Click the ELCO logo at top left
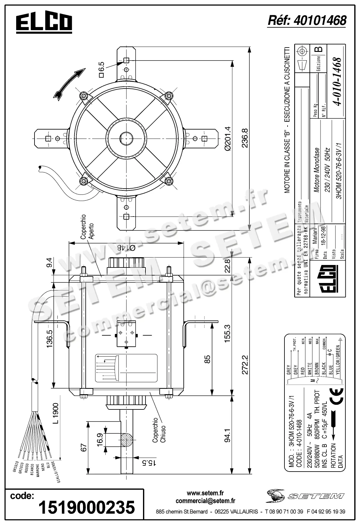tap(44, 23)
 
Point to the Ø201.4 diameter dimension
tap(227, 138)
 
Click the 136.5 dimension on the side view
tap(49, 339)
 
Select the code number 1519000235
tap(86, 507)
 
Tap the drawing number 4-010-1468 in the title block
tap(337, 82)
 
